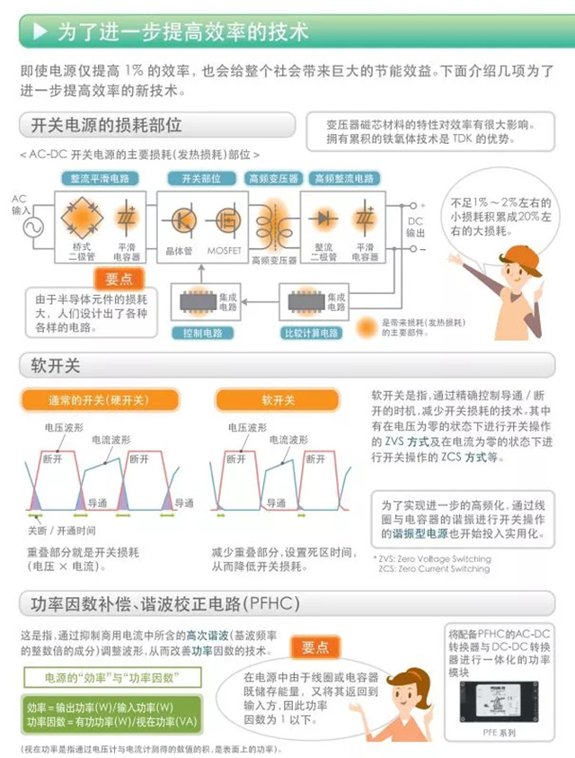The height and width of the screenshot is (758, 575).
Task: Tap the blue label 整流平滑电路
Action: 100,178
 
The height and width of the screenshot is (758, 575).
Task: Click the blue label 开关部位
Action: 200,178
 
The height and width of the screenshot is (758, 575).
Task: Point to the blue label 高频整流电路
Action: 342,178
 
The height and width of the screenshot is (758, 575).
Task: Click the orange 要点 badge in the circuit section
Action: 118,279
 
